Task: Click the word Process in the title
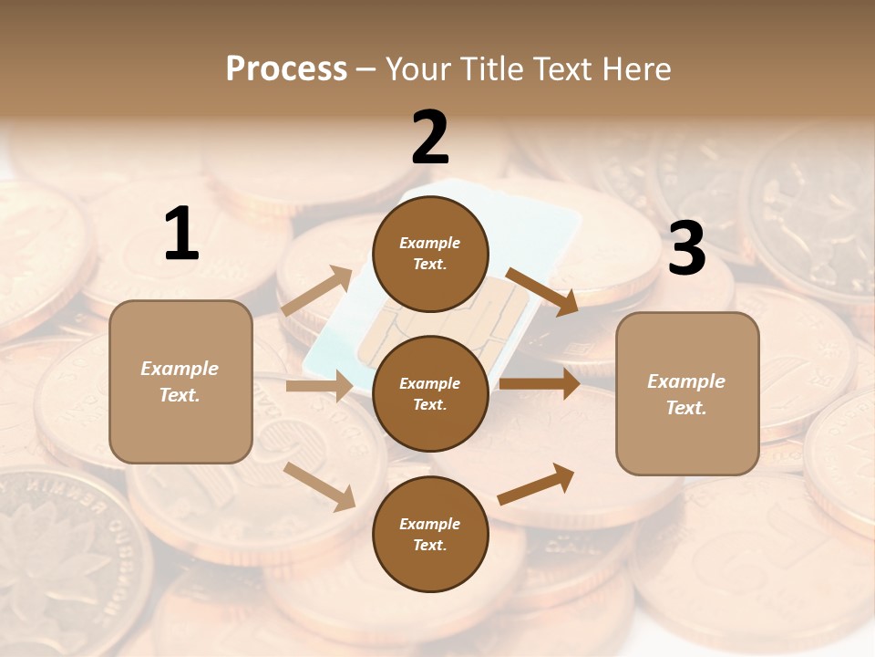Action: click(286, 69)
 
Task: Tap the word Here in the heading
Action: click(635, 69)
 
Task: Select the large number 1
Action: click(181, 235)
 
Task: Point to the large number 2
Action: click(430, 138)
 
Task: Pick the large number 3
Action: click(686, 249)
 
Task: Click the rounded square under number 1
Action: click(180, 381)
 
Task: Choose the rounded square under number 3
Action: click(687, 393)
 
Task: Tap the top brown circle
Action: click(430, 254)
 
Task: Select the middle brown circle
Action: click(430, 393)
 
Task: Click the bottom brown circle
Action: click(430, 534)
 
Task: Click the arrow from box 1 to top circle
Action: click(317, 291)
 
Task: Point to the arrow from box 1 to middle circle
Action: click(319, 386)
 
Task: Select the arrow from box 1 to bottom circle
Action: click(320, 485)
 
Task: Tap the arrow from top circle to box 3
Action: click(541, 291)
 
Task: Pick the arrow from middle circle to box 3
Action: click(540, 383)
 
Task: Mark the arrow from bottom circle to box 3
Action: click(536, 484)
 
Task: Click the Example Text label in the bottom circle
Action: click(430, 534)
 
